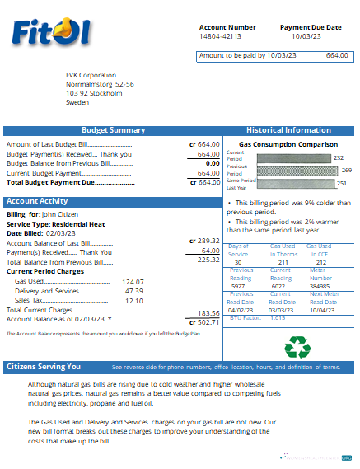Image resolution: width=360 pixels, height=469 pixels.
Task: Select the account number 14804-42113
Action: click(222, 37)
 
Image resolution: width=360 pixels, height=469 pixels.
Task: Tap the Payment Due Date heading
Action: click(310, 27)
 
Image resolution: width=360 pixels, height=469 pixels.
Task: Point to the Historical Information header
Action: click(288, 130)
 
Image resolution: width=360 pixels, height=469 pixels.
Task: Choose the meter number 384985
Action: click(320, 286)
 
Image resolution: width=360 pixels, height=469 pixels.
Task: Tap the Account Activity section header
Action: click(37, 201)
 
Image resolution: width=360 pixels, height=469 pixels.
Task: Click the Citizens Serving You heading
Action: click(44, 367)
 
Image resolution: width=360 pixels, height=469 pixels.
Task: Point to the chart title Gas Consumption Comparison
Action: click(285, 143)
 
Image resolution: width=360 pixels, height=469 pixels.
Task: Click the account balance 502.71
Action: click(205, 322)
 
